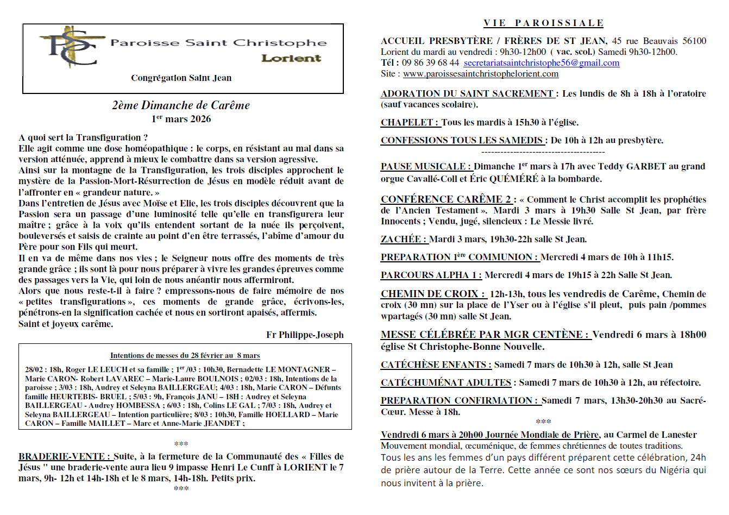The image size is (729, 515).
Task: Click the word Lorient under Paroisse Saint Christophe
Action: (x=291, y=58)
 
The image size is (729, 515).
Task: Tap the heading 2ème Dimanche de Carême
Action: (x=181, y=105)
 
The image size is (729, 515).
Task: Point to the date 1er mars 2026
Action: (x=181, y=119)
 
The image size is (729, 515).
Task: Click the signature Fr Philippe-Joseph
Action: (x=305, y=335)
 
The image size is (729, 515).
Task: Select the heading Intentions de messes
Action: (x=185, y=355)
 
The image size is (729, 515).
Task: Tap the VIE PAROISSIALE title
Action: (x=543, y=23)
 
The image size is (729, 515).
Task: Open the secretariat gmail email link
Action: (x=541, y=62)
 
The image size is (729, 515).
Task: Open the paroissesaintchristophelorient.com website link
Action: (x=480, y=73)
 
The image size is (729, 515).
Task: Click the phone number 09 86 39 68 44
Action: (x=430, y=62)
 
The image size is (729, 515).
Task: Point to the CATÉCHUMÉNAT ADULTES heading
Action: (x=446, y=382)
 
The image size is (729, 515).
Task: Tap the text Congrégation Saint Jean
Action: (x=181, y=78)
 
